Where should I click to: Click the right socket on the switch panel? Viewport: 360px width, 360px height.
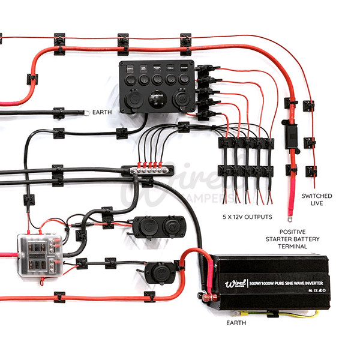point(181,98)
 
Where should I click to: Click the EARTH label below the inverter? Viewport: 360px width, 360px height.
point(236,323)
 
